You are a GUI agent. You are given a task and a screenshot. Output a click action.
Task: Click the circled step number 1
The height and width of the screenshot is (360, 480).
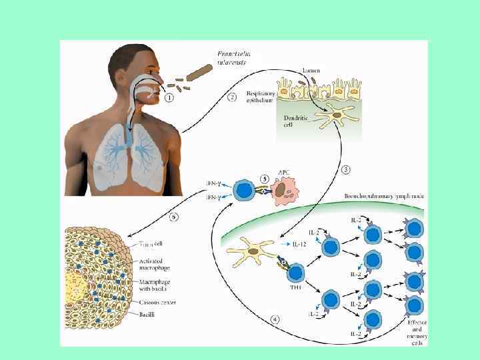(x=169, y=98)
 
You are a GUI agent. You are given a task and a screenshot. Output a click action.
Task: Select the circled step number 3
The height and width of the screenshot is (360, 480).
(x=346, y=169)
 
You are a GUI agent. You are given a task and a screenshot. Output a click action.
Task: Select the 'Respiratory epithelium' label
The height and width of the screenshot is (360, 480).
(x=261, y=98)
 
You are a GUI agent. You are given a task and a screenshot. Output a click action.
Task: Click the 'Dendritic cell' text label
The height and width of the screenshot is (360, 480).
(x=291, y=122)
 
